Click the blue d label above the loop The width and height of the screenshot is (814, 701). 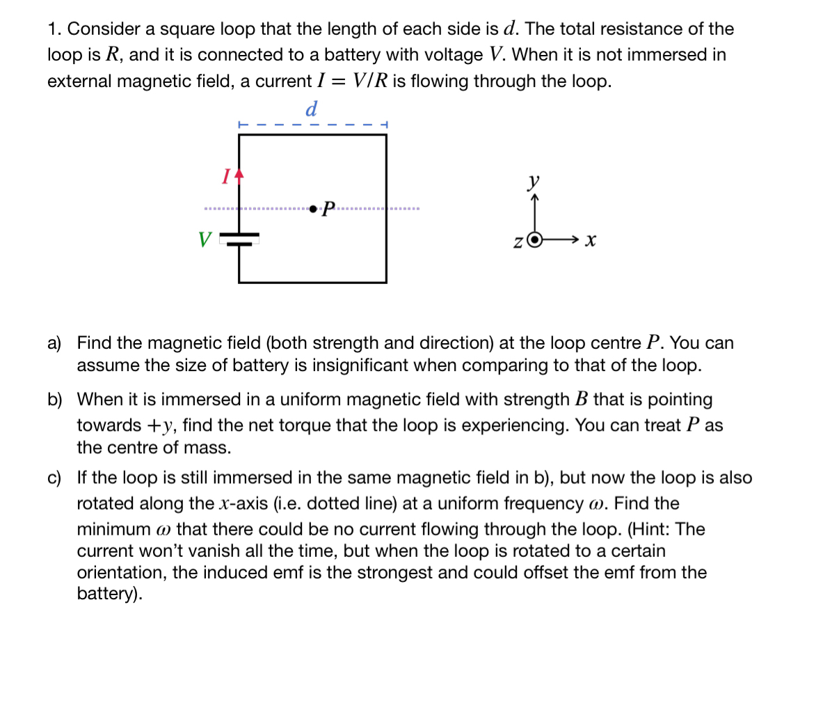coord(312,109)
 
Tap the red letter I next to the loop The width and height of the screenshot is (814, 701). coord(225,177)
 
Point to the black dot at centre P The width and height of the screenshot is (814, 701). coord(314,208)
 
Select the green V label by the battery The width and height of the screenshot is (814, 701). coord(205,240)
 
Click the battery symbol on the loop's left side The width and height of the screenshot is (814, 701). coord(239,239)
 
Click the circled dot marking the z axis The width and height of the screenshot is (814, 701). coord(534,239)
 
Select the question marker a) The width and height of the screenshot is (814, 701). coord(54,343)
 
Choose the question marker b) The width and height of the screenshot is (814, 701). coord(54,400)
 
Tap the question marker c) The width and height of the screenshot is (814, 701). coord(54,478)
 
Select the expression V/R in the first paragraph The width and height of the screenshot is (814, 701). coord(371,81)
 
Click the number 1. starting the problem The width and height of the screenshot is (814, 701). coord(56,29)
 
